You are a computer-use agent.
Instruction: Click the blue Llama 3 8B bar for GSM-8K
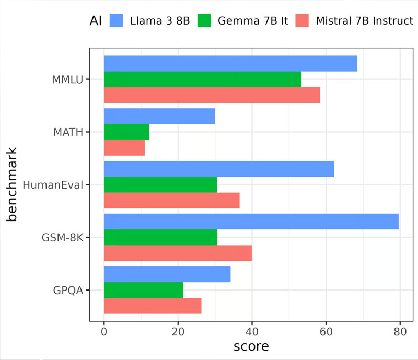coord(251,222)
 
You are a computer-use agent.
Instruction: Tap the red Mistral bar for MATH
coord(124,148)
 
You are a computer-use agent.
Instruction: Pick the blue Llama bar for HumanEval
coord(219,169)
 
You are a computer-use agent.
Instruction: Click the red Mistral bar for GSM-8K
coord(178,253)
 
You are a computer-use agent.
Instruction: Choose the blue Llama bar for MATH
coord(159,116)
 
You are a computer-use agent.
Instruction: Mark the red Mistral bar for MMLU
coord(212,95)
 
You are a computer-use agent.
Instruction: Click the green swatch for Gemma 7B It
coord(206,21)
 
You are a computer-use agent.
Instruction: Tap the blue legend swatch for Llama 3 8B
coord(117,21)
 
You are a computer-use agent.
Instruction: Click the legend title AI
coord(96,21)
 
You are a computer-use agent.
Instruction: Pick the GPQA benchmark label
coord(68,290)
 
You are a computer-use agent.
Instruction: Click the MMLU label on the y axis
coord(67,79)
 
